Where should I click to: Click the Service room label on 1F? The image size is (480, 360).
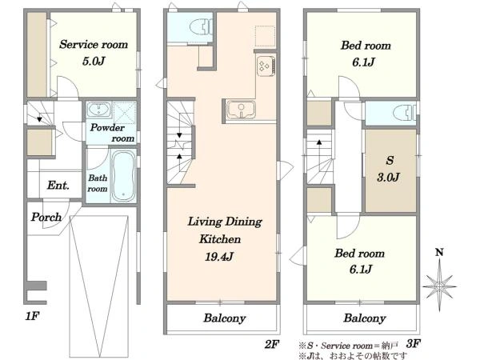coord(94,45)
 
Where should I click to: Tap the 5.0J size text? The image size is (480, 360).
coord(94,62)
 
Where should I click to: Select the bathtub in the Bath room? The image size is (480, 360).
coord(123,176)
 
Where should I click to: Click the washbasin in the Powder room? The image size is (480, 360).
coord(99,110)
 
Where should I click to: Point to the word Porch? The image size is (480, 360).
coord(46,217)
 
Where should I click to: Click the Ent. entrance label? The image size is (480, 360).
coord(58,186)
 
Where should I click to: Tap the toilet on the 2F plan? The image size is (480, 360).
coord(201,27)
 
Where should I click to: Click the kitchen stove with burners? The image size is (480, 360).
coord(266,66)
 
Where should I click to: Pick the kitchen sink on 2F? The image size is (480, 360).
coord(240,110)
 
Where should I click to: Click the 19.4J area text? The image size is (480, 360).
coord(219,257)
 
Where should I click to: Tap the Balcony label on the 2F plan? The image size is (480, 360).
coord(225,318)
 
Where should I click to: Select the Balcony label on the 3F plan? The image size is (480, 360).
coord(365,318)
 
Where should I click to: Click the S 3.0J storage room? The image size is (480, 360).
coord(390,170)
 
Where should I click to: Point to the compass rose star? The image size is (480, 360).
coord(439,286)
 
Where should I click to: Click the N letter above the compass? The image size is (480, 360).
coord(439,253)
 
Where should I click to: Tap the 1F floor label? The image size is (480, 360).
coord(32,316)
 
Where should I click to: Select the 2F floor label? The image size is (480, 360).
coord(271,345)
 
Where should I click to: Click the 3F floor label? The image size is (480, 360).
coord(413,343)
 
